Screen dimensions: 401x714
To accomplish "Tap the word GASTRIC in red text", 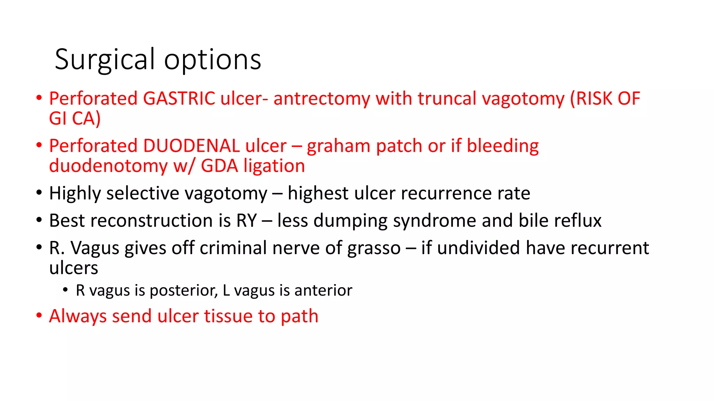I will click(x=179, y=99).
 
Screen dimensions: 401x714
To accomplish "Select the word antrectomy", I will click(x=321, y=99).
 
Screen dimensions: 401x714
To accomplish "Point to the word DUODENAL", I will click(x=191, y=146).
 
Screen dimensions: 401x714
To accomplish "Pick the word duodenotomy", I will click(x=108, y=166).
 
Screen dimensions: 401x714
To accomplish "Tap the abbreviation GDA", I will click(x=219, y=166).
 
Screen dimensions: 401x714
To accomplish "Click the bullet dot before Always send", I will click(x=39, y=315).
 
